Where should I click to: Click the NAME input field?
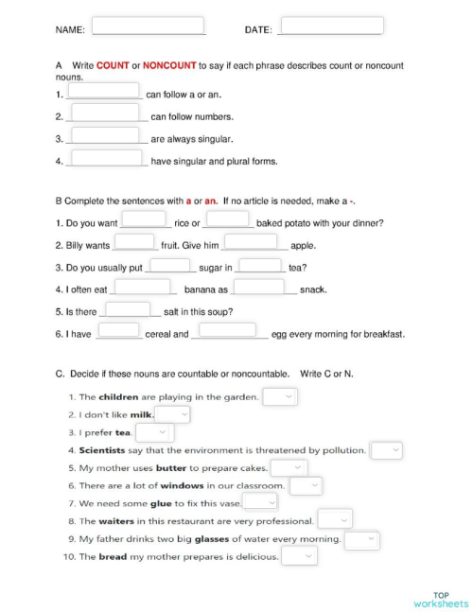(148, 26)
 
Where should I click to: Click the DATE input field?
(331, 26)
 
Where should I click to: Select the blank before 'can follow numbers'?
(106, 114)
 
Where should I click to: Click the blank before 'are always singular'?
(106, 136)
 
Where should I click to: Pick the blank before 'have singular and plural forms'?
(106, 158)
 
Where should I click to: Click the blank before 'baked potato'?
(228, 219)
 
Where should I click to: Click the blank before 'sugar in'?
(170, 265)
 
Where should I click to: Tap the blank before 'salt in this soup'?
(128, 308)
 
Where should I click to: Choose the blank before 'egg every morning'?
(228, 330)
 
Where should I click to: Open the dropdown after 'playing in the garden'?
(280, 396)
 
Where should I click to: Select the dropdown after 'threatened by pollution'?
(386, 450)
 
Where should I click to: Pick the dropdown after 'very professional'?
(335, 520)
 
